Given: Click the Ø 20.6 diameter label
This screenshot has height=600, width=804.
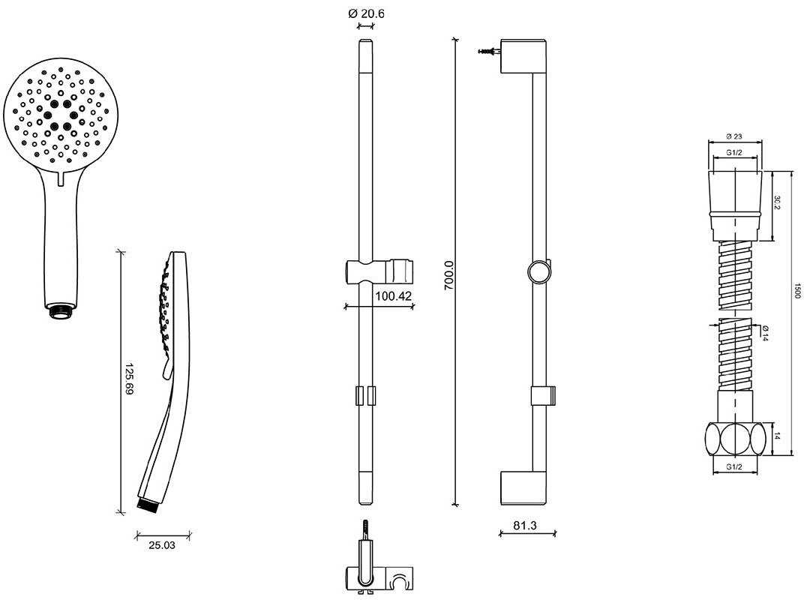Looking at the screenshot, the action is (366, 13).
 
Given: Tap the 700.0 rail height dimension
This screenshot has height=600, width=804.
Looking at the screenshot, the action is (449, 275).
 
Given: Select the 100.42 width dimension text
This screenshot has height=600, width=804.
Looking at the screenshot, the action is (393, 296).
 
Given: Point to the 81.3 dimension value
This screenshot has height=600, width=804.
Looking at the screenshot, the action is (525, 525).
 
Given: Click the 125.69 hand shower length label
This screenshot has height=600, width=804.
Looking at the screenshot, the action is (129, 379).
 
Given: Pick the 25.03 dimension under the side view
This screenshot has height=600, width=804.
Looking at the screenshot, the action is (162, 545).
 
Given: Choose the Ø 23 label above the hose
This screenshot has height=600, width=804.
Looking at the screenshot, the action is (734, 136).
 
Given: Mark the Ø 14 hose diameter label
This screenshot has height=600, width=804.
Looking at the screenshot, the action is (765, 333).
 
